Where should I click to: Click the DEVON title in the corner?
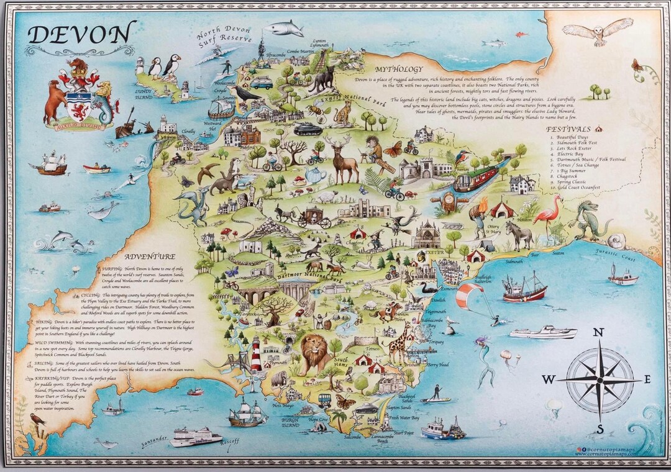click(x=81, y=34)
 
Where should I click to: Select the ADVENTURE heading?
click(x=149, y=256)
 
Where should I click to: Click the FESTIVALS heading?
click(x=568, y=129)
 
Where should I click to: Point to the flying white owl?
click(x=597, y=32)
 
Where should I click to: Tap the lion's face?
click(x=314, y=351)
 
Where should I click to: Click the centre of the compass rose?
click(x=600, y=379)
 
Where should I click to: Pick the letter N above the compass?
click(x=598, y=332)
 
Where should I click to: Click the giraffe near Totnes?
click(x=399, y=342)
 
